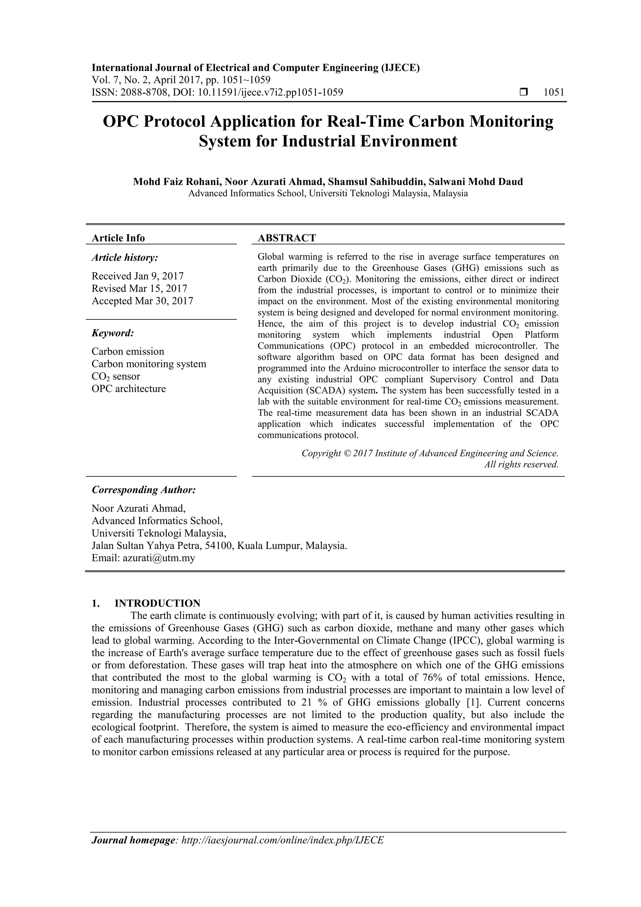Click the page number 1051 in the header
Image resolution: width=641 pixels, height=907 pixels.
point(554,92)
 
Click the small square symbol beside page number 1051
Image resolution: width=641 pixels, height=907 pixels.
point(524,92)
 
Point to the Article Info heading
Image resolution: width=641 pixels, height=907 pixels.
point(118,238)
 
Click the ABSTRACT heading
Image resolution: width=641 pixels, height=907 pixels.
point(287,238)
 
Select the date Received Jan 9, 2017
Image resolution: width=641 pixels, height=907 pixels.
point(137,276)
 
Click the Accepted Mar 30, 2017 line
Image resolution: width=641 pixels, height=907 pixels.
point(142,301)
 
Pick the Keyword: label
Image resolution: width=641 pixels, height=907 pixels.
point(113,333)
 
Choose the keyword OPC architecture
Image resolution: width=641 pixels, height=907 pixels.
point(129,389)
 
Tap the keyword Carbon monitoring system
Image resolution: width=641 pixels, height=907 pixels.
point(149,364)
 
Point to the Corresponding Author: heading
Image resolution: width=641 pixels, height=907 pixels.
point(144,490)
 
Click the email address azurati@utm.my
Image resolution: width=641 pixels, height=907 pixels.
point(159,558)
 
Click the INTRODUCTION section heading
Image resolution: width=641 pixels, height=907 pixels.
point(157,603)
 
